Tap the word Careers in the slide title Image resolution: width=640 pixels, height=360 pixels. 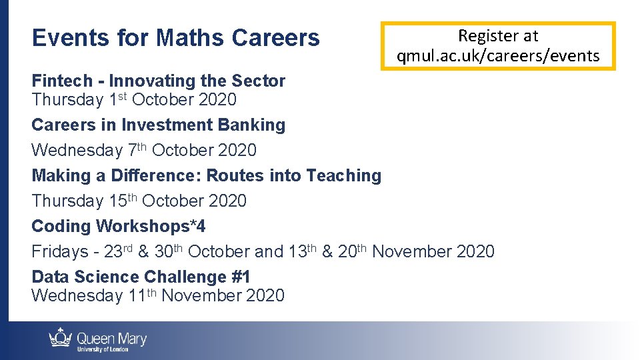pyautogui.click(x=275, y=38)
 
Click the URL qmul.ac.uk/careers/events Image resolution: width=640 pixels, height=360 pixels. pyautogui.click(x=498, y=56)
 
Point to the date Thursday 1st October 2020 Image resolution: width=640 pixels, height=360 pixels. pyautogui.click(x=133, y=100)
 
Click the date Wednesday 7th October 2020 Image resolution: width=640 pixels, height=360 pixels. pyautogui.click(x=143, y=150)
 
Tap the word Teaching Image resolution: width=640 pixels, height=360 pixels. pyautogui.click(x=343, y=175)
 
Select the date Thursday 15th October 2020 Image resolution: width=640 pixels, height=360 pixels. pyautogui.click(x=139, y=201)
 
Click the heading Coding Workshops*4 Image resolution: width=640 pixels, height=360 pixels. pyautogui.click(x=118, y=226)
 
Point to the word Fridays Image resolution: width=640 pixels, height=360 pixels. pyautogui.click(x=60, y=251)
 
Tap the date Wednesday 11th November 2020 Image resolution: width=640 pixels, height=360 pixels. pyautogui.click(x=157, y=295)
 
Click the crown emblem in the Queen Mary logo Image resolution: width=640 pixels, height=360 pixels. pyautogui.click(x=61, y=338)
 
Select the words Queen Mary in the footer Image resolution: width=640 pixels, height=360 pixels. pyautogui.click(x=111, y=338)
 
